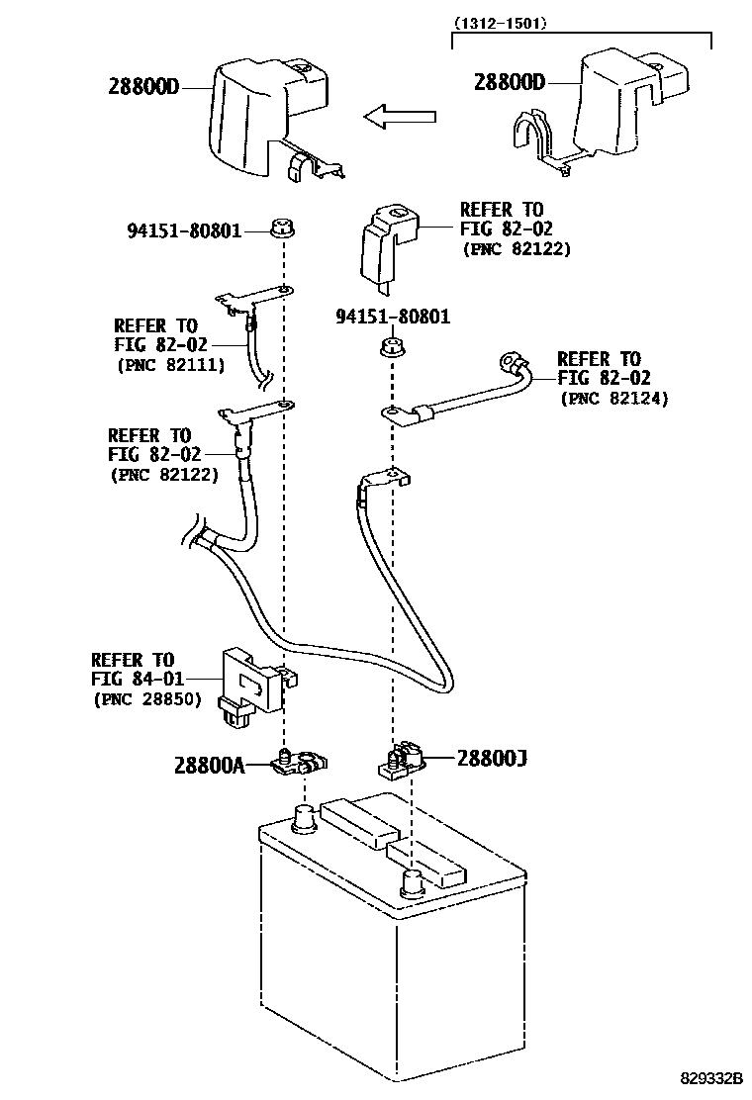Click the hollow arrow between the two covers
[400, 118]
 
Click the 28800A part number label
[208, 765]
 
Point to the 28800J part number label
[492, 759]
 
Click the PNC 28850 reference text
[147, 699]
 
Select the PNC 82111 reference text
[170, 365]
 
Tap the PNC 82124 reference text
[614, 399]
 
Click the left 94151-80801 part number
[184, 230]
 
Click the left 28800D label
[143, 86]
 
